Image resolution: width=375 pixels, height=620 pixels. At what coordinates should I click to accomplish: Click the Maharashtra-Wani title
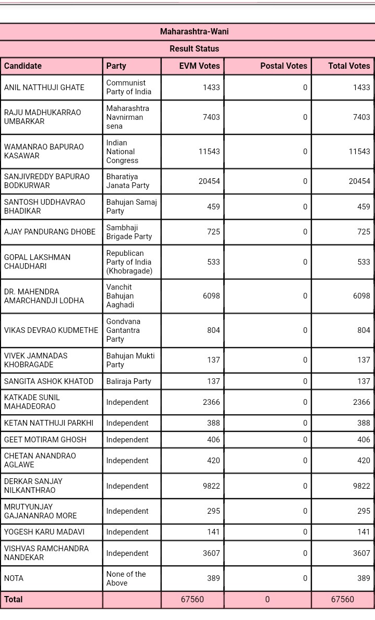pyautogui.click(x=194, y=32)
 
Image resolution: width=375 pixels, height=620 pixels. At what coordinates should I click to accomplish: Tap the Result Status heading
pyautogui.click(x=194, y=49)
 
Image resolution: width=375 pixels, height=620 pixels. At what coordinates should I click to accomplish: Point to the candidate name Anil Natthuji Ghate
pyautogui.click(x=44, y=88)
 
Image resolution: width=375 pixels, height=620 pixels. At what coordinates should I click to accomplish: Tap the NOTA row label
pyautogui.click(x=14, y=578)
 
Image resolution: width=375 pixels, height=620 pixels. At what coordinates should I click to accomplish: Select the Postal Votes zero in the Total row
pyautogui.click(x=268, y=600)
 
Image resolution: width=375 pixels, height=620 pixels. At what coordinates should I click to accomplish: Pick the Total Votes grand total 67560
pyautogui.click(x=343, y=600)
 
